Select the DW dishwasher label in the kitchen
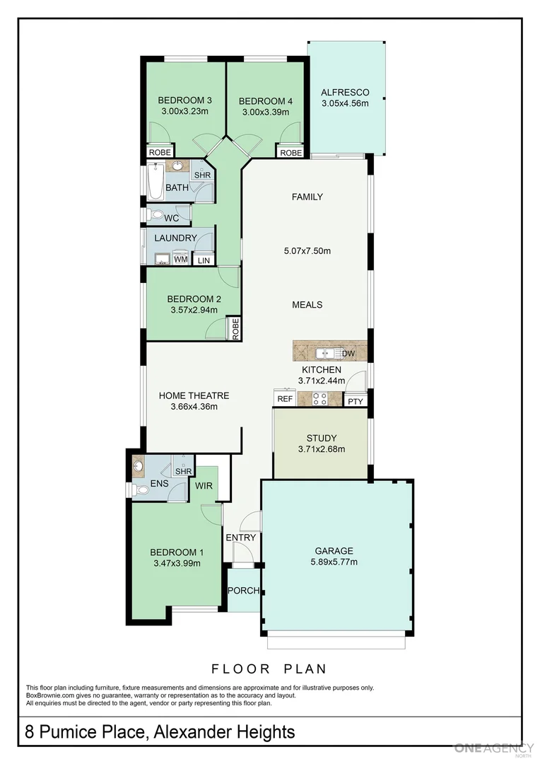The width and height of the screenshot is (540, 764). click(x=348, y=354)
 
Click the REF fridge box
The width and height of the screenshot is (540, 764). click(x=285, y=400)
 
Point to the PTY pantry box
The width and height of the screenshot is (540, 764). click(x=355, y=401)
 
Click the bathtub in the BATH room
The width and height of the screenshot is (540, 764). click(x=155, y=181)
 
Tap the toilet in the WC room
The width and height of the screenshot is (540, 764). click(x=155, y=215)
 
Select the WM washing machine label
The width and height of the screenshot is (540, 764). click(x=180, y=260)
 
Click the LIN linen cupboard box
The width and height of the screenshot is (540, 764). click(x=204, y=260)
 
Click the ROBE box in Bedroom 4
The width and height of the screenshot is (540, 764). click(x=290, y=153)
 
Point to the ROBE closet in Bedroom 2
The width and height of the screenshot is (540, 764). click(x=233, y=329)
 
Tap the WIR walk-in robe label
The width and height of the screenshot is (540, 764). click(x=203, y=485)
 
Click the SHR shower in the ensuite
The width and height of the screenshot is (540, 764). click(x=183, y=471)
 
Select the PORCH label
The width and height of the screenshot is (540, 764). click(x=243, y=591)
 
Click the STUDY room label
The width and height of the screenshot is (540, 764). click(x=321, y=438)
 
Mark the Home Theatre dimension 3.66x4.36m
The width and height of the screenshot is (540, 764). click(x=194, y=407)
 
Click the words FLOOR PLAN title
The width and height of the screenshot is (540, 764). click(x=269, y=668)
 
